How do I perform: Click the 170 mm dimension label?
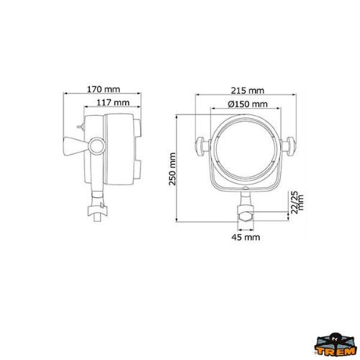point(103,89)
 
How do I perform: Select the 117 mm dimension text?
point(113,103)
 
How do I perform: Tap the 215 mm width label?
point(248,91)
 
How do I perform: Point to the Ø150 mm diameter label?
point(248,104)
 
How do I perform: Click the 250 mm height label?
point(173,168)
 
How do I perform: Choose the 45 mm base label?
point(246,237)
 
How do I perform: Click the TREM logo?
point(335,345)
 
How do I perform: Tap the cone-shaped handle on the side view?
point(74,146)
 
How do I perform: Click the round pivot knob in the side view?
point(97,146)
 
